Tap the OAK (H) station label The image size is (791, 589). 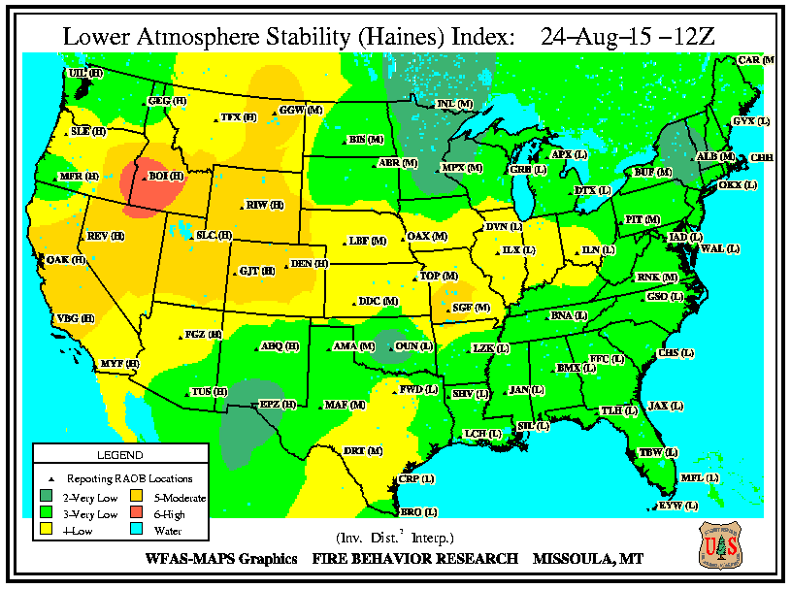[x=67, y=259]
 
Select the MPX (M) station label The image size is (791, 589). [x=462, y=167]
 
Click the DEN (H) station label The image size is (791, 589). [x=310, y=263]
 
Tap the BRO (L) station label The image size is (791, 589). [x=419, y=511]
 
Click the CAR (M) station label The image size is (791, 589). [x=755, y=60]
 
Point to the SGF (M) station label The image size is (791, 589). [x=472, y=307]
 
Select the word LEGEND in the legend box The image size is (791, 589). [x=120, y=455]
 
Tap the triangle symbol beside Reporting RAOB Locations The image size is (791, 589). [x=49, y=478]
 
